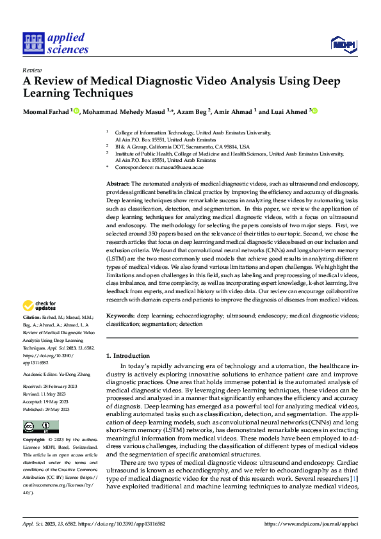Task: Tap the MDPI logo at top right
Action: (x=343, y=44)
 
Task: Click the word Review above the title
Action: (x=32, y=70)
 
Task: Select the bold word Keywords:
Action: (x=120, y=316)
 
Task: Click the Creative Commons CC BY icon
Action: (x=40, y=427)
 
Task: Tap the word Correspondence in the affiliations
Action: (x=136, y=167)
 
